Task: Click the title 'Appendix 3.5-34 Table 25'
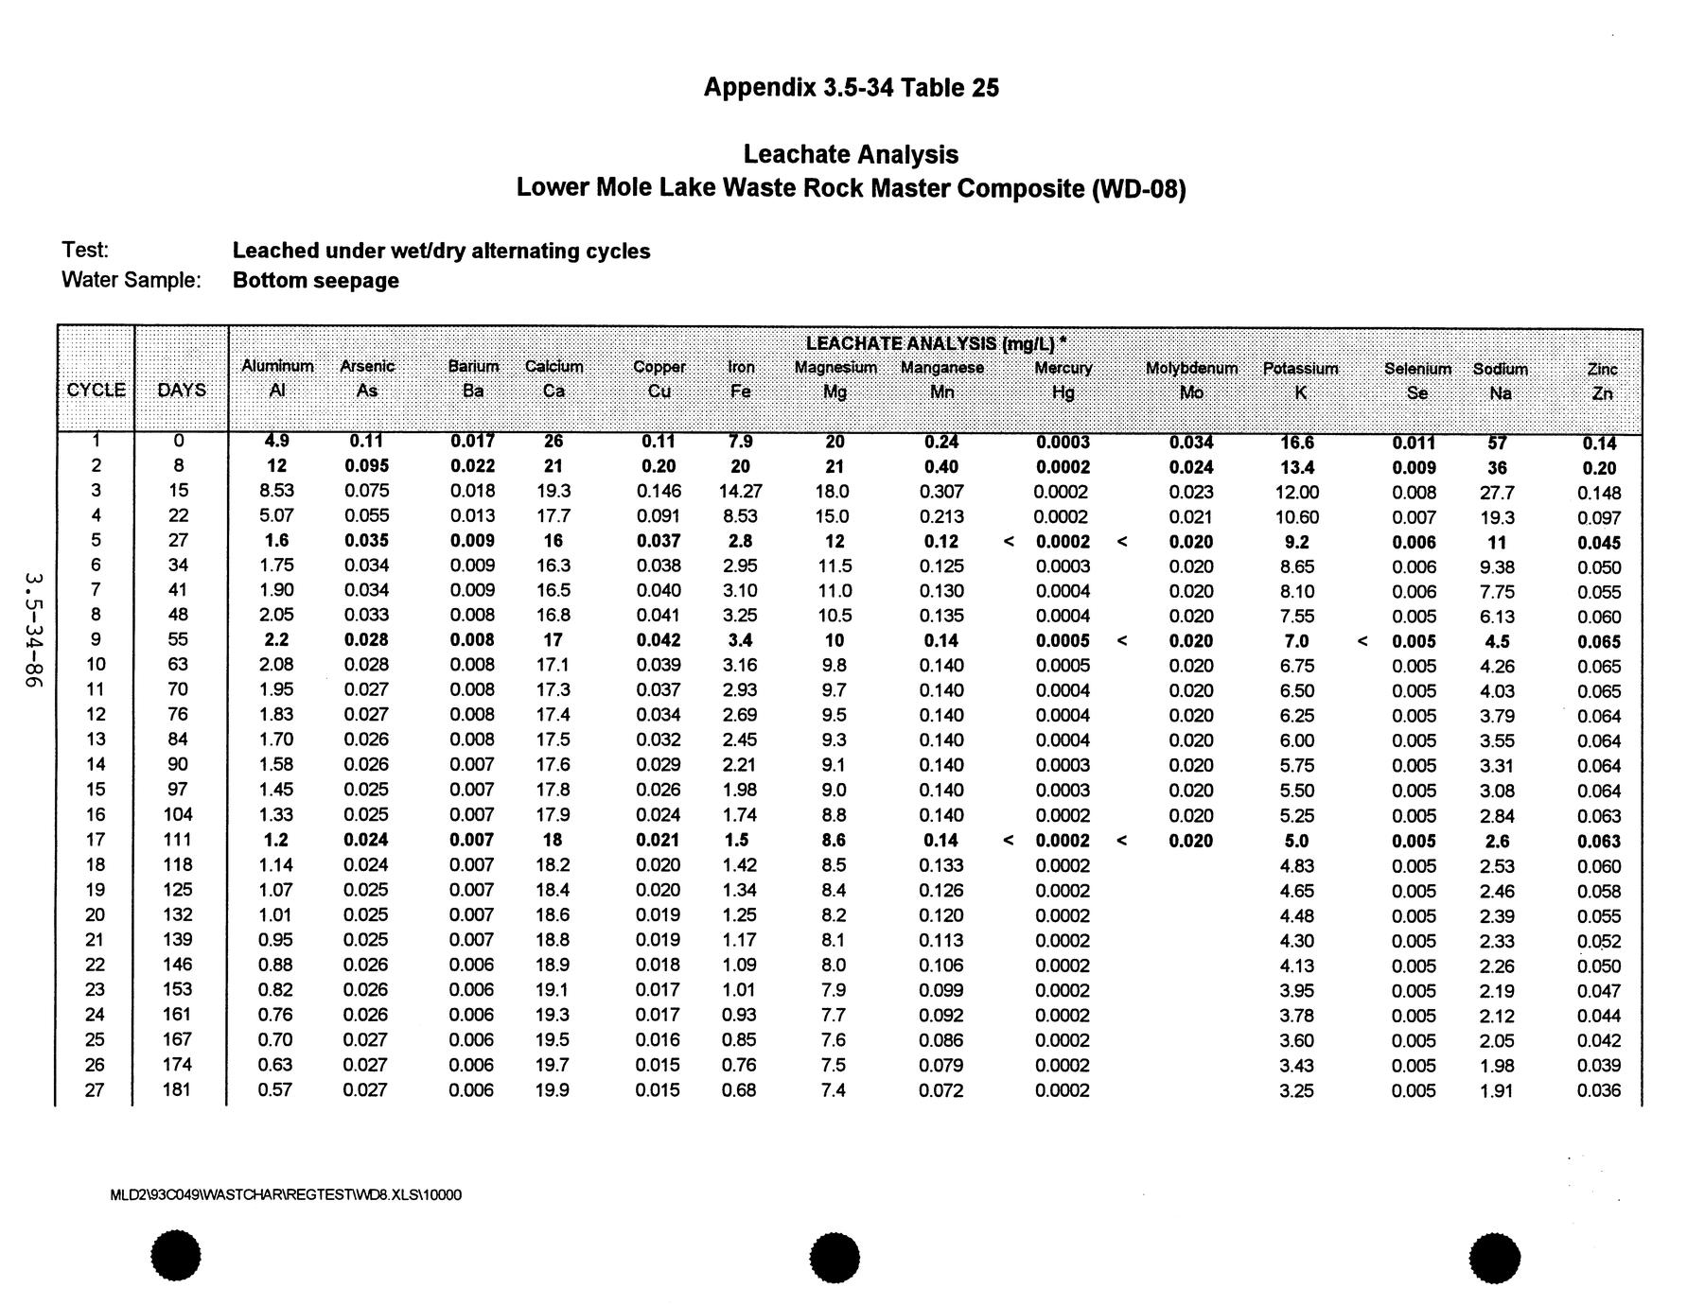[x=851, y=88]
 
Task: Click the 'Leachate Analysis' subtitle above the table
[x=851, y=154]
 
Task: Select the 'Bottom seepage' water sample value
[x=316, y=281]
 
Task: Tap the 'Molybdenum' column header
[x=1191, y=369]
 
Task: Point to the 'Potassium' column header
[x=1300, y=369]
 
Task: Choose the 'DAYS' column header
[x=182, y=391]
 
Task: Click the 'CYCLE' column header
[x=97, y=391]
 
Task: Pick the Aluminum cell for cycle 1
[x=276, y=442]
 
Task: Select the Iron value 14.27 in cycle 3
[x=740, y=492]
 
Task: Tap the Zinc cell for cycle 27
[x=1599, y=1090]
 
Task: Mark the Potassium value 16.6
[x=1296, y=443]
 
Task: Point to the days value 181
[x=178, y=1089]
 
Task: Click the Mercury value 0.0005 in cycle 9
[x=1063, y=640]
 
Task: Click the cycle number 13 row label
[x=96, y=739]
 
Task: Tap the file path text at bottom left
[x=286, y=1195]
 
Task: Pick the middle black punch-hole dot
[x=835, y=1258]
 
